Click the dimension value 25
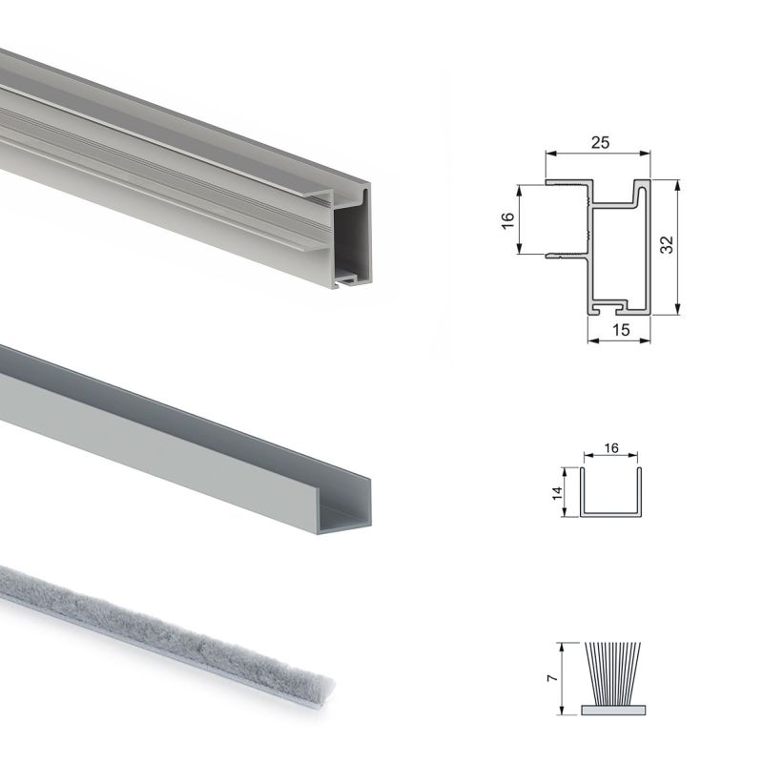(599, 142)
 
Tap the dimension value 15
(619, 330)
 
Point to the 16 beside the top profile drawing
(508, 218)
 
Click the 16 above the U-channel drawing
(611, 447)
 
